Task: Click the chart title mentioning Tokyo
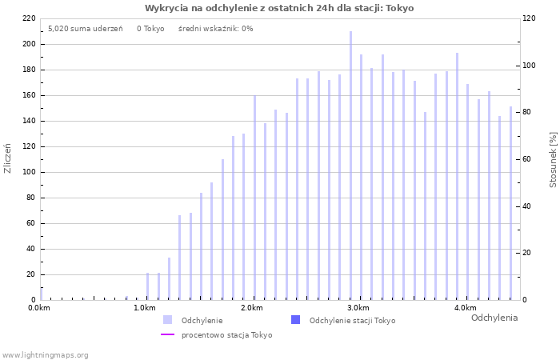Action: tap(279, 8)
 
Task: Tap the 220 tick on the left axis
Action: tap(29, 18)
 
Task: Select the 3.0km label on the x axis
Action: tap(358, 308)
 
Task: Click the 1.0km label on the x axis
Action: tap(144, 308)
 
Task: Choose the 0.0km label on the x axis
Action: tap(38, 308)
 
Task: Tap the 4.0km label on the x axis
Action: tap(465, 308)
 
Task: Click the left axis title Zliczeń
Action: tap(8, 158)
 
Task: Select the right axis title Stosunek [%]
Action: tap(553, 160)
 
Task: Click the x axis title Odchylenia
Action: tap(494, 318)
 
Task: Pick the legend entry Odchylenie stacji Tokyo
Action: tap(352, 321)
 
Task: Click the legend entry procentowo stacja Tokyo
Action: tap(226, 335)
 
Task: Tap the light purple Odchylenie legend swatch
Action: tap(167, 320)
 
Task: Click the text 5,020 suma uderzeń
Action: tap(85, 29)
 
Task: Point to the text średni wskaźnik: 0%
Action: tap(215, 29)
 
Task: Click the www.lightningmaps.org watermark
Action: tap(45, 354)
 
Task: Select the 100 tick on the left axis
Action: tap(29, 172)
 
